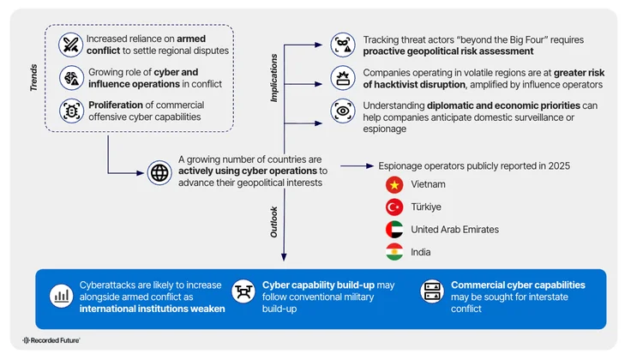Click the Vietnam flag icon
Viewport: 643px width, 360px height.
coord(394,184)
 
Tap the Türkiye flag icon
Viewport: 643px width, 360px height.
coord(394,207)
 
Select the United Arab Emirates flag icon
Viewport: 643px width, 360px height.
coord(394,229)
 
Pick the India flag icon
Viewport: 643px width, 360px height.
coord(394,252)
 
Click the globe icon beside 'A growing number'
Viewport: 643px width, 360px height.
coord(159,171)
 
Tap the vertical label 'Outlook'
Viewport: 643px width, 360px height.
coord(274,220)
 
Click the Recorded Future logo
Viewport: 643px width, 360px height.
coord(51,340)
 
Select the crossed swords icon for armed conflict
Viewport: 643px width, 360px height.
coord(69,45)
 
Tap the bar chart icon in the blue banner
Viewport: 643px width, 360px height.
coord(61,297)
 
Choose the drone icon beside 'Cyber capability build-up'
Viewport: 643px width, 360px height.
coord(243,291)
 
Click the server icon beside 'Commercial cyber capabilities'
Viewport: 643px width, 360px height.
coord(430,291)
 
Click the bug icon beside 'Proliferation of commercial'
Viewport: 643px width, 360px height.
coord(69,110)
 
